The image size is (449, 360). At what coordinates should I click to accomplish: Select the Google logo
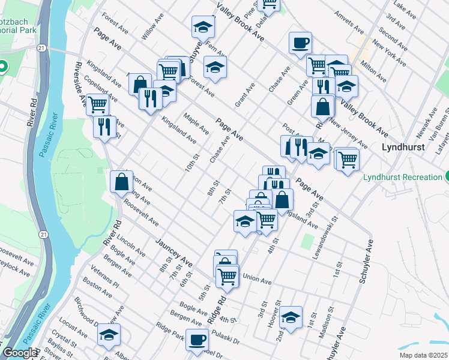click(20, 353)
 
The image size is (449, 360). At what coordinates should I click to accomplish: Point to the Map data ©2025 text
click(423, 355)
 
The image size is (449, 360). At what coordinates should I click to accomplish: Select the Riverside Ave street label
click(79, 80)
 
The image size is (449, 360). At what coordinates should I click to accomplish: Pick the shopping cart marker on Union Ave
click(228, 276)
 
